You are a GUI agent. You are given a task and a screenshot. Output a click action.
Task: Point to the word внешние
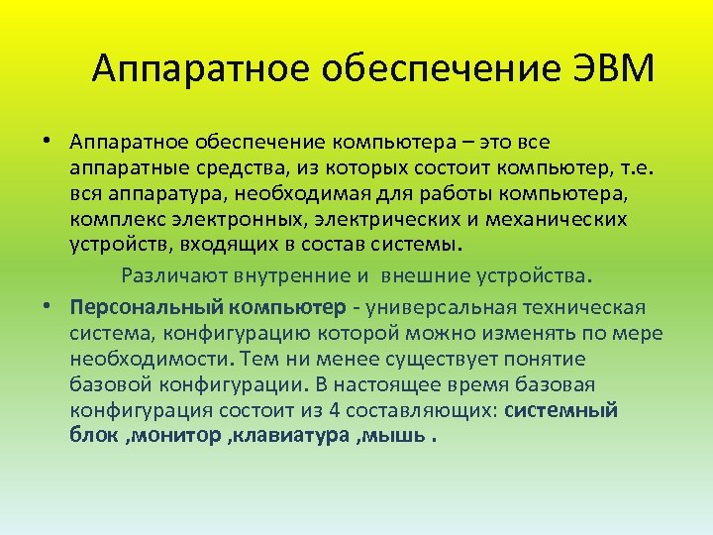point(430,273)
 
